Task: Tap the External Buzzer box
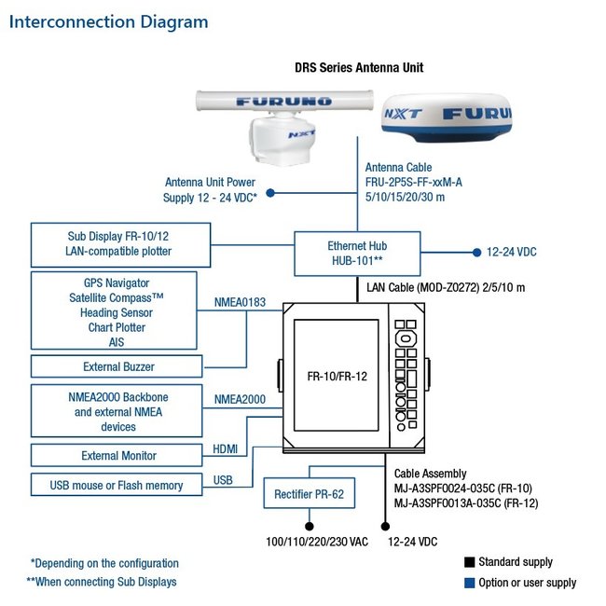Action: (x=118, y=365)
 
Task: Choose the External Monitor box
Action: (x=118, y=456)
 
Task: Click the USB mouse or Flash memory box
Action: (x=118, y=485)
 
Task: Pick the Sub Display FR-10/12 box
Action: (x=118, y=243)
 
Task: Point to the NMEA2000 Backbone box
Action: (x=118, y=411)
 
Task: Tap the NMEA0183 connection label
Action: (x=241, y=301)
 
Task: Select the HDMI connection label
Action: (x=226, y=449)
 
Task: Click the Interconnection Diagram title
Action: (x=109, y=21)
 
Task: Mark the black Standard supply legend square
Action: (x=469, y=562)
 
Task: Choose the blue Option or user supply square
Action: (x=469, y=584)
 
